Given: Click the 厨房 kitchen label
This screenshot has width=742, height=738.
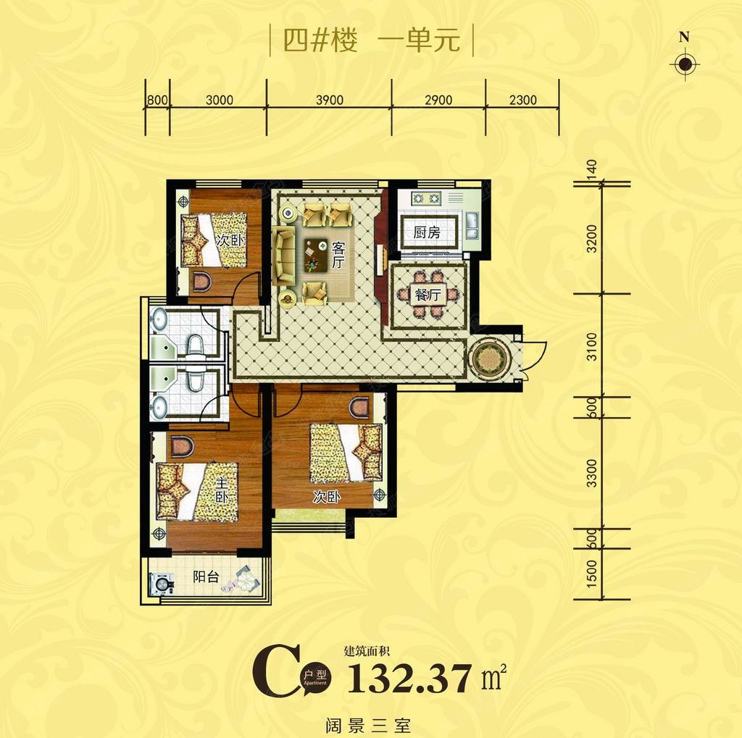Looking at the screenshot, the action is [427, 232].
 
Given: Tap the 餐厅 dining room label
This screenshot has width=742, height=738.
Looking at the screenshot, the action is [428, 295].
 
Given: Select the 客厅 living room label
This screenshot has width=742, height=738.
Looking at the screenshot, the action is [338, 256].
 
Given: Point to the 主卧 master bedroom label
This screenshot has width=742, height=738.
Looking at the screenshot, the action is [222, 490].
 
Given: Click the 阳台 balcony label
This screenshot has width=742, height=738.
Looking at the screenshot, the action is [207, 576].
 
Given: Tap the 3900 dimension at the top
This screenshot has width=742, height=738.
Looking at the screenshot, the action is [330, 100].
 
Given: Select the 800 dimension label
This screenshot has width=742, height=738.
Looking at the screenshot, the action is [157, 100].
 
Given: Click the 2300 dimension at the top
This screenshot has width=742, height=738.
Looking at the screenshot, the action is [523, 100].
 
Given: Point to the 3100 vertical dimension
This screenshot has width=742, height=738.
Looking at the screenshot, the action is [592, 346].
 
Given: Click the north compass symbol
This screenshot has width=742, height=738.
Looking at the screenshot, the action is [684, 64].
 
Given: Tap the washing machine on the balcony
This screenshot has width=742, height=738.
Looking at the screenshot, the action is [162, 584].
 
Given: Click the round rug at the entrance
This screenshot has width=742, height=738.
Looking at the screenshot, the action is [491, 358].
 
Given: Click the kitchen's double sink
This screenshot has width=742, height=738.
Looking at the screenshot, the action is [472, 226].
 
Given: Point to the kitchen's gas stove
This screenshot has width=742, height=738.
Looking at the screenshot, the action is [425, 198].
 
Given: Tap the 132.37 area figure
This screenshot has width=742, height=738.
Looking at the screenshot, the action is [410, 678].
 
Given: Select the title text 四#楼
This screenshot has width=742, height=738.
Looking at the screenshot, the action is [320, 41].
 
